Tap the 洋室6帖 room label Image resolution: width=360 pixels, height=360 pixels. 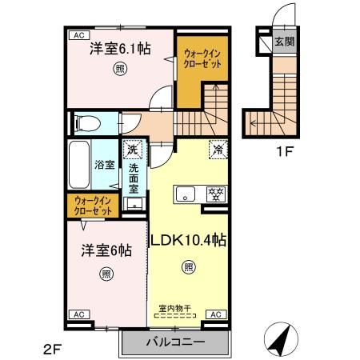(105, 249)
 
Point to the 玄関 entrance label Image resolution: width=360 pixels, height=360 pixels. (284, 42)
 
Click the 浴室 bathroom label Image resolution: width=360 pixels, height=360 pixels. (106, 165)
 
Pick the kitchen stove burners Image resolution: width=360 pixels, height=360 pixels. (214, 194)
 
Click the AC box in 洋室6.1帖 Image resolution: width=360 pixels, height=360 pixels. (79, 35)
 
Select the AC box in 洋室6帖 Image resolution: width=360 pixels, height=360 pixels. (79, 315)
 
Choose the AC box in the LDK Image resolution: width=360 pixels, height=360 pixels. (216, 315)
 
